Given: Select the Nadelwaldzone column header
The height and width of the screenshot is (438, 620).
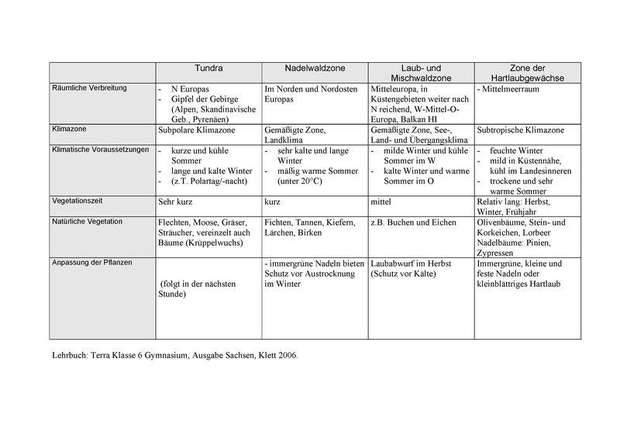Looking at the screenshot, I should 314,67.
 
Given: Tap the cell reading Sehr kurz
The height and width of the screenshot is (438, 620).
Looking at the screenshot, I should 174,200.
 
